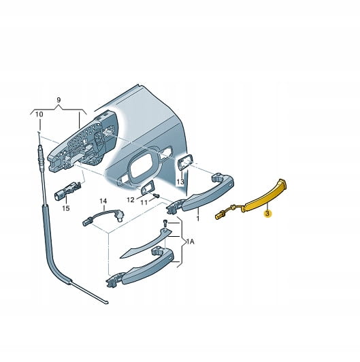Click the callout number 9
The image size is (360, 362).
point(59,100)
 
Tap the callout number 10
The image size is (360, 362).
point(39,114)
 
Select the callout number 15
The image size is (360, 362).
point(66,208)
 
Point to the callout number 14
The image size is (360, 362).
point(103,201)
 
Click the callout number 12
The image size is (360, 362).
point(131,199)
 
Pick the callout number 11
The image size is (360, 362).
point(144,203)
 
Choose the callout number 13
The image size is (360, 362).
point(180,182)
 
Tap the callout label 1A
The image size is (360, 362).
point(191,242)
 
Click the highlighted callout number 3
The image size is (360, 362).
point(267,214)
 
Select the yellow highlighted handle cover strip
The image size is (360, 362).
point(263,197)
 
